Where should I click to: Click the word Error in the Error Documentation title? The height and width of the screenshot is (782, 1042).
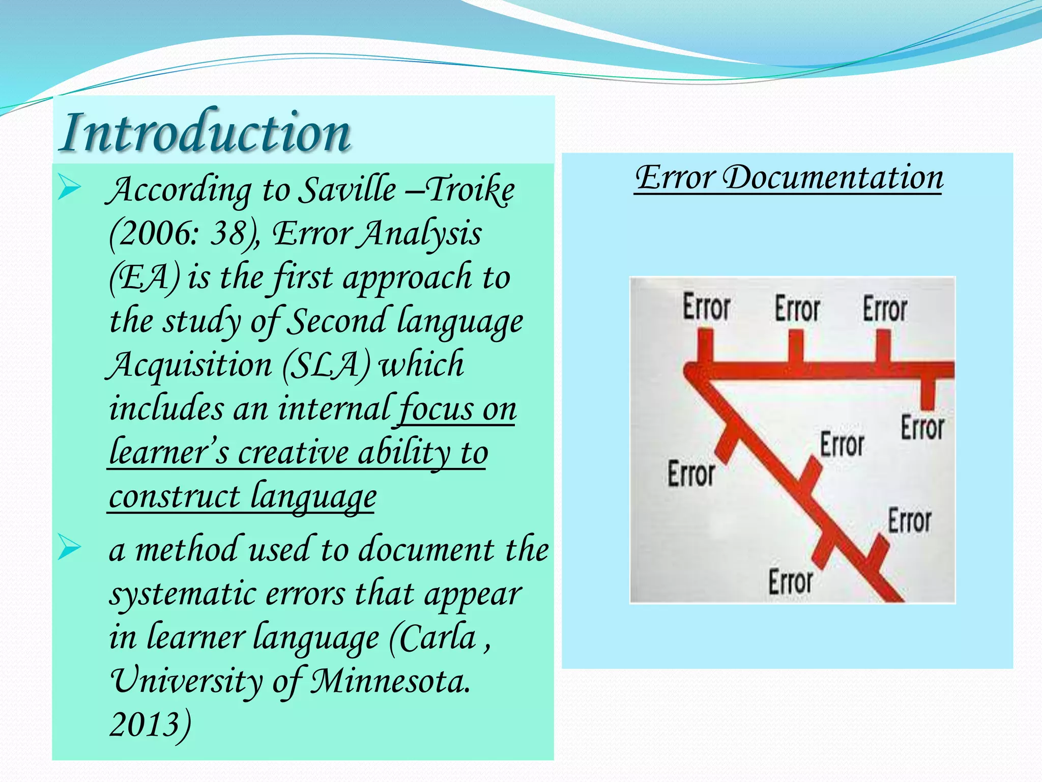tap(675, 178)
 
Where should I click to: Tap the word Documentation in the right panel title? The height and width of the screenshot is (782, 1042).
tap(833, 178)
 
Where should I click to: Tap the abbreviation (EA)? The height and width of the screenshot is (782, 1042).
tap(144, 278)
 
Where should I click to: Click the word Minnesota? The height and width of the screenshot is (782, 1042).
tap(390, 681)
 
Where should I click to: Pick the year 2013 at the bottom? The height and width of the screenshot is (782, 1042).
tap(145, 725)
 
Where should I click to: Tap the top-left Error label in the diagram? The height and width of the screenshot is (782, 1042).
tap(706, 307)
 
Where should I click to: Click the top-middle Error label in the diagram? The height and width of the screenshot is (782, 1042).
tap(797, 309)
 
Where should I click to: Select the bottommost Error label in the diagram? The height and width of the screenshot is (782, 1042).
tap(790, 582)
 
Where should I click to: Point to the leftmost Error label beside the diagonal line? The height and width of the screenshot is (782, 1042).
tap(691, 474)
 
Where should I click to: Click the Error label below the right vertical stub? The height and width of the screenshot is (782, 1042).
tap(922, 428)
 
